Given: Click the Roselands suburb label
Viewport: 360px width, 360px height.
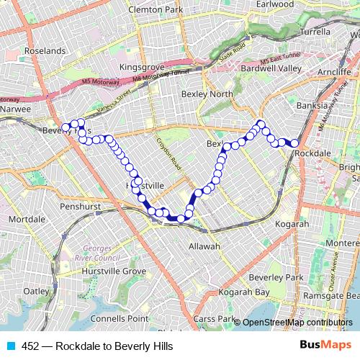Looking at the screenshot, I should coord(45,51).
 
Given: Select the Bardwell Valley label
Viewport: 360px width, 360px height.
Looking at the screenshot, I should coord(271,68).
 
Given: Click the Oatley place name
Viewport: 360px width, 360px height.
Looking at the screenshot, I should coord(35,291).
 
